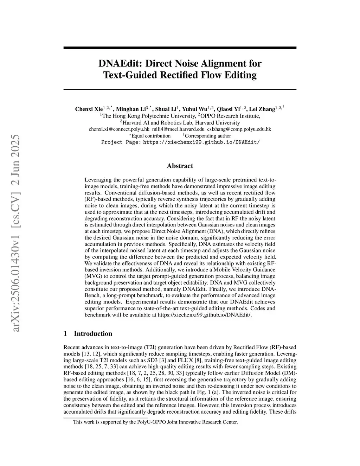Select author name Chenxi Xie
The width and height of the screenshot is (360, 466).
click(89, 109)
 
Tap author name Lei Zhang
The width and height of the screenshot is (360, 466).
click(262, 109)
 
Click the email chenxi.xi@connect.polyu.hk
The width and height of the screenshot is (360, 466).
click(119, 129)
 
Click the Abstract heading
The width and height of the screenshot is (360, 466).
click(180, 166)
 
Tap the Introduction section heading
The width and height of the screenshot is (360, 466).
click(93, 334)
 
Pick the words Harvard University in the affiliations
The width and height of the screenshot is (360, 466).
click(217, 123)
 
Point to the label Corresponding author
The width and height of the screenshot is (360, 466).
click(208, 136)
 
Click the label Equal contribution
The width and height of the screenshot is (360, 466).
click(150, 136)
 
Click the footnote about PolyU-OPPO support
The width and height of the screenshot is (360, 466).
click(155, 422)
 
